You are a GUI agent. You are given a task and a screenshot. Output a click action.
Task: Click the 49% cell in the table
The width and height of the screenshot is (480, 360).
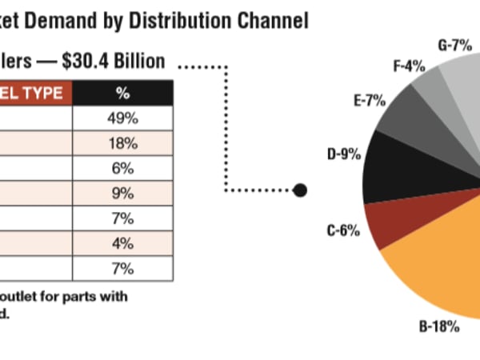(x=122, y=118)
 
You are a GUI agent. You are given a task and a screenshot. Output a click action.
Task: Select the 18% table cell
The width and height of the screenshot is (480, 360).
(x=122, y=144)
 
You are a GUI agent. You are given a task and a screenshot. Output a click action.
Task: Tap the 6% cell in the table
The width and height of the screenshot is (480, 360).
(x=122, y=169)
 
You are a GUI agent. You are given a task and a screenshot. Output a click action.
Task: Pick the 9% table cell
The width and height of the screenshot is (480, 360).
(x=122, y=193)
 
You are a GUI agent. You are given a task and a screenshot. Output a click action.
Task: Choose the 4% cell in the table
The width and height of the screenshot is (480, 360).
(x=122, y=242)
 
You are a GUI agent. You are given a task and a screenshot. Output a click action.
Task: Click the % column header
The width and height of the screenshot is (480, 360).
(x=122, y=93)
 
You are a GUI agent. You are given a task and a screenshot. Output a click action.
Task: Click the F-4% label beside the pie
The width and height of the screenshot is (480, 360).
(x=408, y=66)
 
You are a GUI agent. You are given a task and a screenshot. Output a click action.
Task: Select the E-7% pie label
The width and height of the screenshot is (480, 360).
(x=370, y=101)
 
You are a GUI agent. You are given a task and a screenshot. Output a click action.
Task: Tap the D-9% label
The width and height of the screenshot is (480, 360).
(x=344, y=154)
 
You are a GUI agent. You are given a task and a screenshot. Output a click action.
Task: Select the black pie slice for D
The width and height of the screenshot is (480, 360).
(x=396, y=168)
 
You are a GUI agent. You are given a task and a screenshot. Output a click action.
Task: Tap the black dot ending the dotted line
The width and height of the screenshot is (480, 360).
(x=300, y=190)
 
